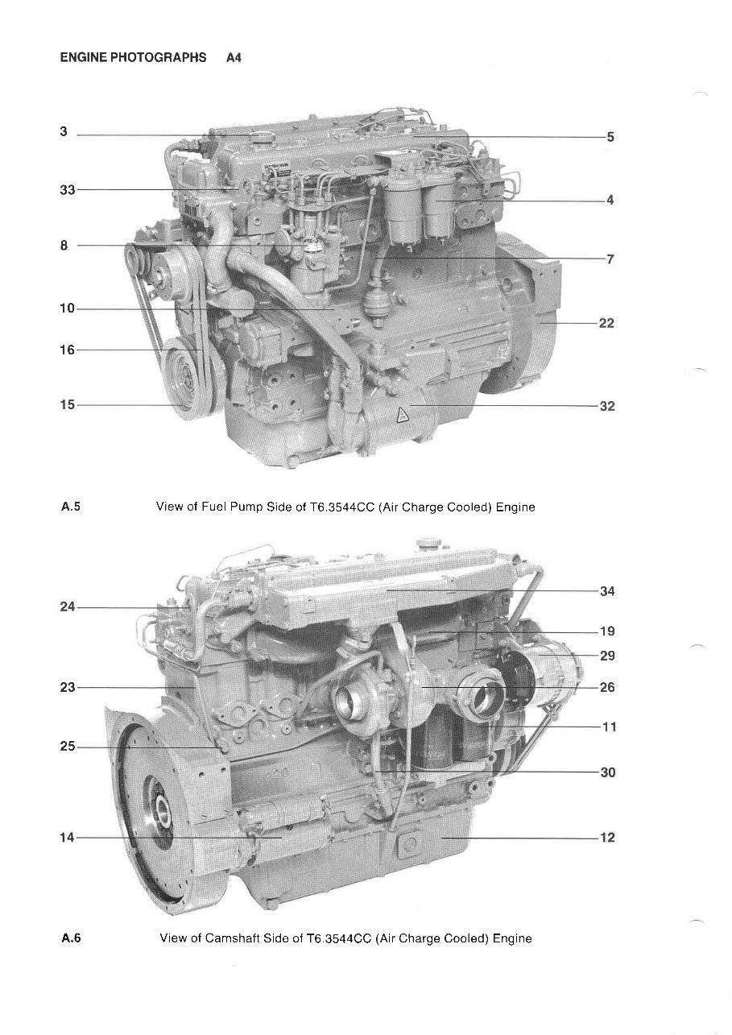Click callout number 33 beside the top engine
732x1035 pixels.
(x=67, y=190)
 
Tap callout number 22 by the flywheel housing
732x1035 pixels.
(x=606, y=323)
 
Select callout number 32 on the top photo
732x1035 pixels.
(x=606, y=406)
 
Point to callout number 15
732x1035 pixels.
(x=67, y=404)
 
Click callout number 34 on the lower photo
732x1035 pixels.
(x=606, y=591)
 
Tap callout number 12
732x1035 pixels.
(x=606, y=838)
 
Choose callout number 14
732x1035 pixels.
(x=67, y=838)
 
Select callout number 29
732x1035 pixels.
(x=606, y=656)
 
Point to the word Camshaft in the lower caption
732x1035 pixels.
(x=234, y=938)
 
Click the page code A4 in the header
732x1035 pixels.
(x=234, y=58)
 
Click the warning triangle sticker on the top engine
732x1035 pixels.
(x=401, y=416)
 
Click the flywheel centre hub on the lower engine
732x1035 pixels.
(x=159, y=805)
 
